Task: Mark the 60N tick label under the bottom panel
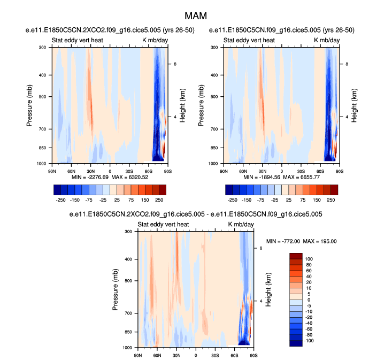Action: pyautogui.click(x=157, y=354)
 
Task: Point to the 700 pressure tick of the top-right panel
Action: pyautogui.click(x=214, y=129)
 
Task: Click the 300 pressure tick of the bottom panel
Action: pyautogui.click(x=128, y=232)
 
